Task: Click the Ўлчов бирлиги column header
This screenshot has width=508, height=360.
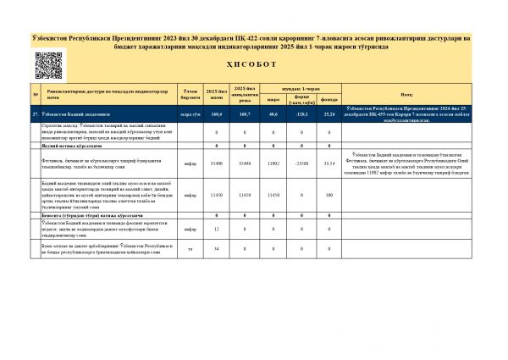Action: tap(190, 93)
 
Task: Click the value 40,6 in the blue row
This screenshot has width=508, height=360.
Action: tap(273, 113)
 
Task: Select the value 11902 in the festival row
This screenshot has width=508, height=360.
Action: tap(273, 163)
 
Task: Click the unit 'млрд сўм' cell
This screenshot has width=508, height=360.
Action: tap(190, 113)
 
